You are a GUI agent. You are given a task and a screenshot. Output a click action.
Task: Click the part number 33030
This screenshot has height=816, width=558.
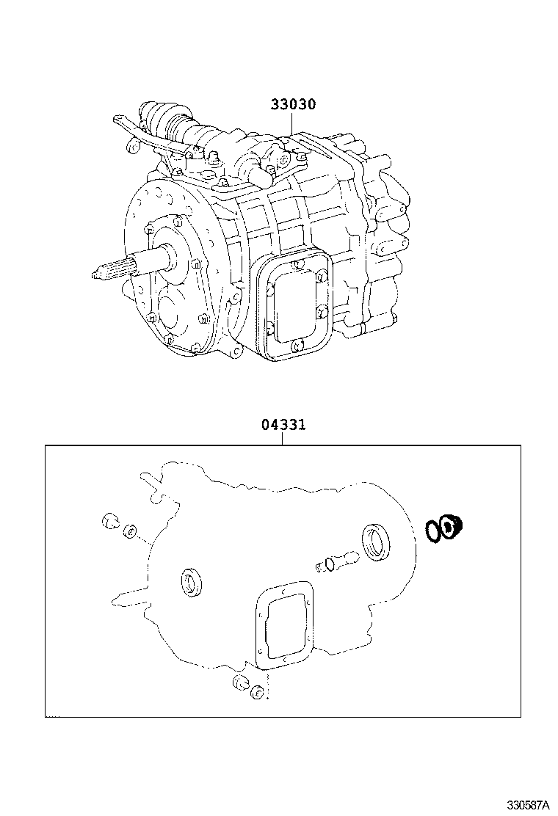click(292, 105)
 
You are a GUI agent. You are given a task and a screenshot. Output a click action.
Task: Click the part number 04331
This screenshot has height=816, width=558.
click(283, 425)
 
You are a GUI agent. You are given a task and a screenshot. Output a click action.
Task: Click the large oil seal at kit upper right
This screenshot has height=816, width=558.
click(377, 542)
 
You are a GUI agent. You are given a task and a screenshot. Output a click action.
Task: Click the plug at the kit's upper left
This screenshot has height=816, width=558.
click(110, 522)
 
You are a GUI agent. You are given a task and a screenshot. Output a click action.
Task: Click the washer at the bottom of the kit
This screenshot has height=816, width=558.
click(257, 692)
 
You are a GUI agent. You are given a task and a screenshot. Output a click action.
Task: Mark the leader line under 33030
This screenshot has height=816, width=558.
click(292, 123)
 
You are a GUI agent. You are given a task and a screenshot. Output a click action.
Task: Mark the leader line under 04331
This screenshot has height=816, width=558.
click(283, 438)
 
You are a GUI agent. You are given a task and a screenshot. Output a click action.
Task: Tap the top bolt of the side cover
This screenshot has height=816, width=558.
click(295, 265)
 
